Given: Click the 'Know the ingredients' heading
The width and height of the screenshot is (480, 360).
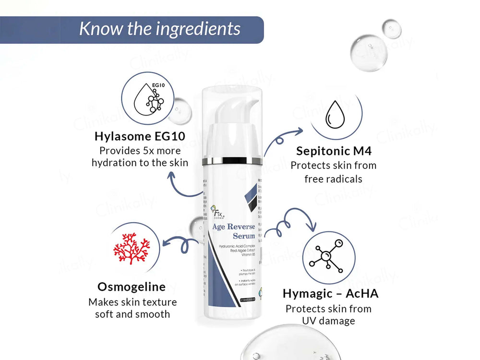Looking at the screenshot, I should pyautogui.click(x=159, y=29).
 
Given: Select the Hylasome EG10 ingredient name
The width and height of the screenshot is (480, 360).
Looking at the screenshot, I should pyautogui.click(x=139, y=136).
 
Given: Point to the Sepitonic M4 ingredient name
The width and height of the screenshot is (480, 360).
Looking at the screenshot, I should pyautogui.click(x=334, y=151).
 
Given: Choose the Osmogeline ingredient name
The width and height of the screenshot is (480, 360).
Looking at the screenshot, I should pyautogui.click(x=132, y=287).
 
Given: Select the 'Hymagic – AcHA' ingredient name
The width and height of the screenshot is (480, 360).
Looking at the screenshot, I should pyautogui.click(x=330, y=293).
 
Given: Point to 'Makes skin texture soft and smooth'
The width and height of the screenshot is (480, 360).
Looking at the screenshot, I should pyautogui.click(x=132, y=308).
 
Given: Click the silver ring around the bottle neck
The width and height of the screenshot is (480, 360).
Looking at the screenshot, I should pyautogui.click(x=232, y=160).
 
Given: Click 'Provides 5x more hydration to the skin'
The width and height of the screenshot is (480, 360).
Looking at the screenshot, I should pyautogui.click(x=140, y=156).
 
